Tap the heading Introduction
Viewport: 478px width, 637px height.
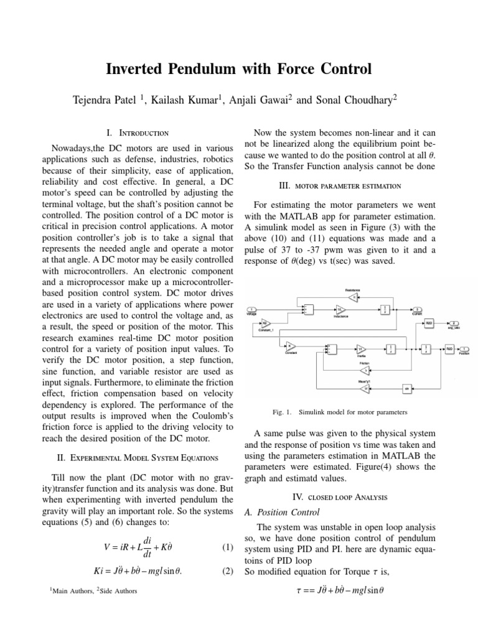pos(143,133)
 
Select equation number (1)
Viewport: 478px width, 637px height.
pos(227,547)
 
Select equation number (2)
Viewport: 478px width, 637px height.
pos(227,572)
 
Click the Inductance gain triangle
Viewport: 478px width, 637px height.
pos(340,309)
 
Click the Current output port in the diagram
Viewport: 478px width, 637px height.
pos(419,309)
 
